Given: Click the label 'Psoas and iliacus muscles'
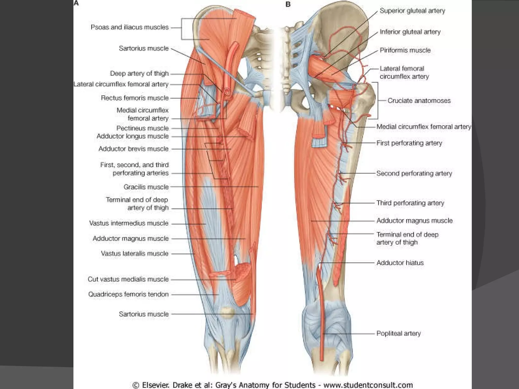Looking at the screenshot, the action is pos(129,27).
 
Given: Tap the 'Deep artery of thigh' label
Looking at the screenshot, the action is pos(139,73).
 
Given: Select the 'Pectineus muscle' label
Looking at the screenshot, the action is pos(142,128).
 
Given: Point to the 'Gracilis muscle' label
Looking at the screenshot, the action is pos(146,187).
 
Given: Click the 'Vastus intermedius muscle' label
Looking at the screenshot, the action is pos(129,223).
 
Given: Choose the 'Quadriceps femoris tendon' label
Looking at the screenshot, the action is pos(128,294).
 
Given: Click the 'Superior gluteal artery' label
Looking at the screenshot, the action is pos(412,11).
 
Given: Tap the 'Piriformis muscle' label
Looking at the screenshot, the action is pos(405,50).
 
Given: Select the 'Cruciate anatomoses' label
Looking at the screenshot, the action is pos(419,101).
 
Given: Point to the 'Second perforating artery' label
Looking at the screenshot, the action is pos(414,173).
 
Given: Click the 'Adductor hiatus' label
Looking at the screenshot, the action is pos(400,263).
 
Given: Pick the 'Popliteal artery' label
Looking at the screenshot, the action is pos(398,333).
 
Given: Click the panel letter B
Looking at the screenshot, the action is pos(288,4).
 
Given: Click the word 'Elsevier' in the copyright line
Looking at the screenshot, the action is pos(155,385).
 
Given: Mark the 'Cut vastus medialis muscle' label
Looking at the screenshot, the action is pos(128,279).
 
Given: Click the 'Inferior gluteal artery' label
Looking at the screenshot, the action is pos(410,32).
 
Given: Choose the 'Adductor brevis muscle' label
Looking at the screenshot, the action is pos(133,149).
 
